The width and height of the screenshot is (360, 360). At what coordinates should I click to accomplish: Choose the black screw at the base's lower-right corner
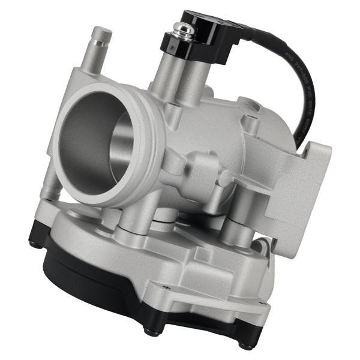(x=244, y=344)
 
